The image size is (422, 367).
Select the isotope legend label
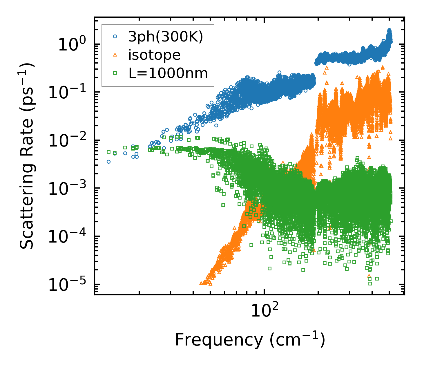[x=154, y=55]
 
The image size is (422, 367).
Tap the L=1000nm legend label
[x=168, y=73]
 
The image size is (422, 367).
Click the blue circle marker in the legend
[x=115, y=37]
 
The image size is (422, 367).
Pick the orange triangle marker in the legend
[x=115, y=55]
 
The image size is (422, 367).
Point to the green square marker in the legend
[x=115, y=73]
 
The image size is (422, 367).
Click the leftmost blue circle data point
[x=108, y=162]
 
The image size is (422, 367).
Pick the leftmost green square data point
[x=108, y=152]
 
